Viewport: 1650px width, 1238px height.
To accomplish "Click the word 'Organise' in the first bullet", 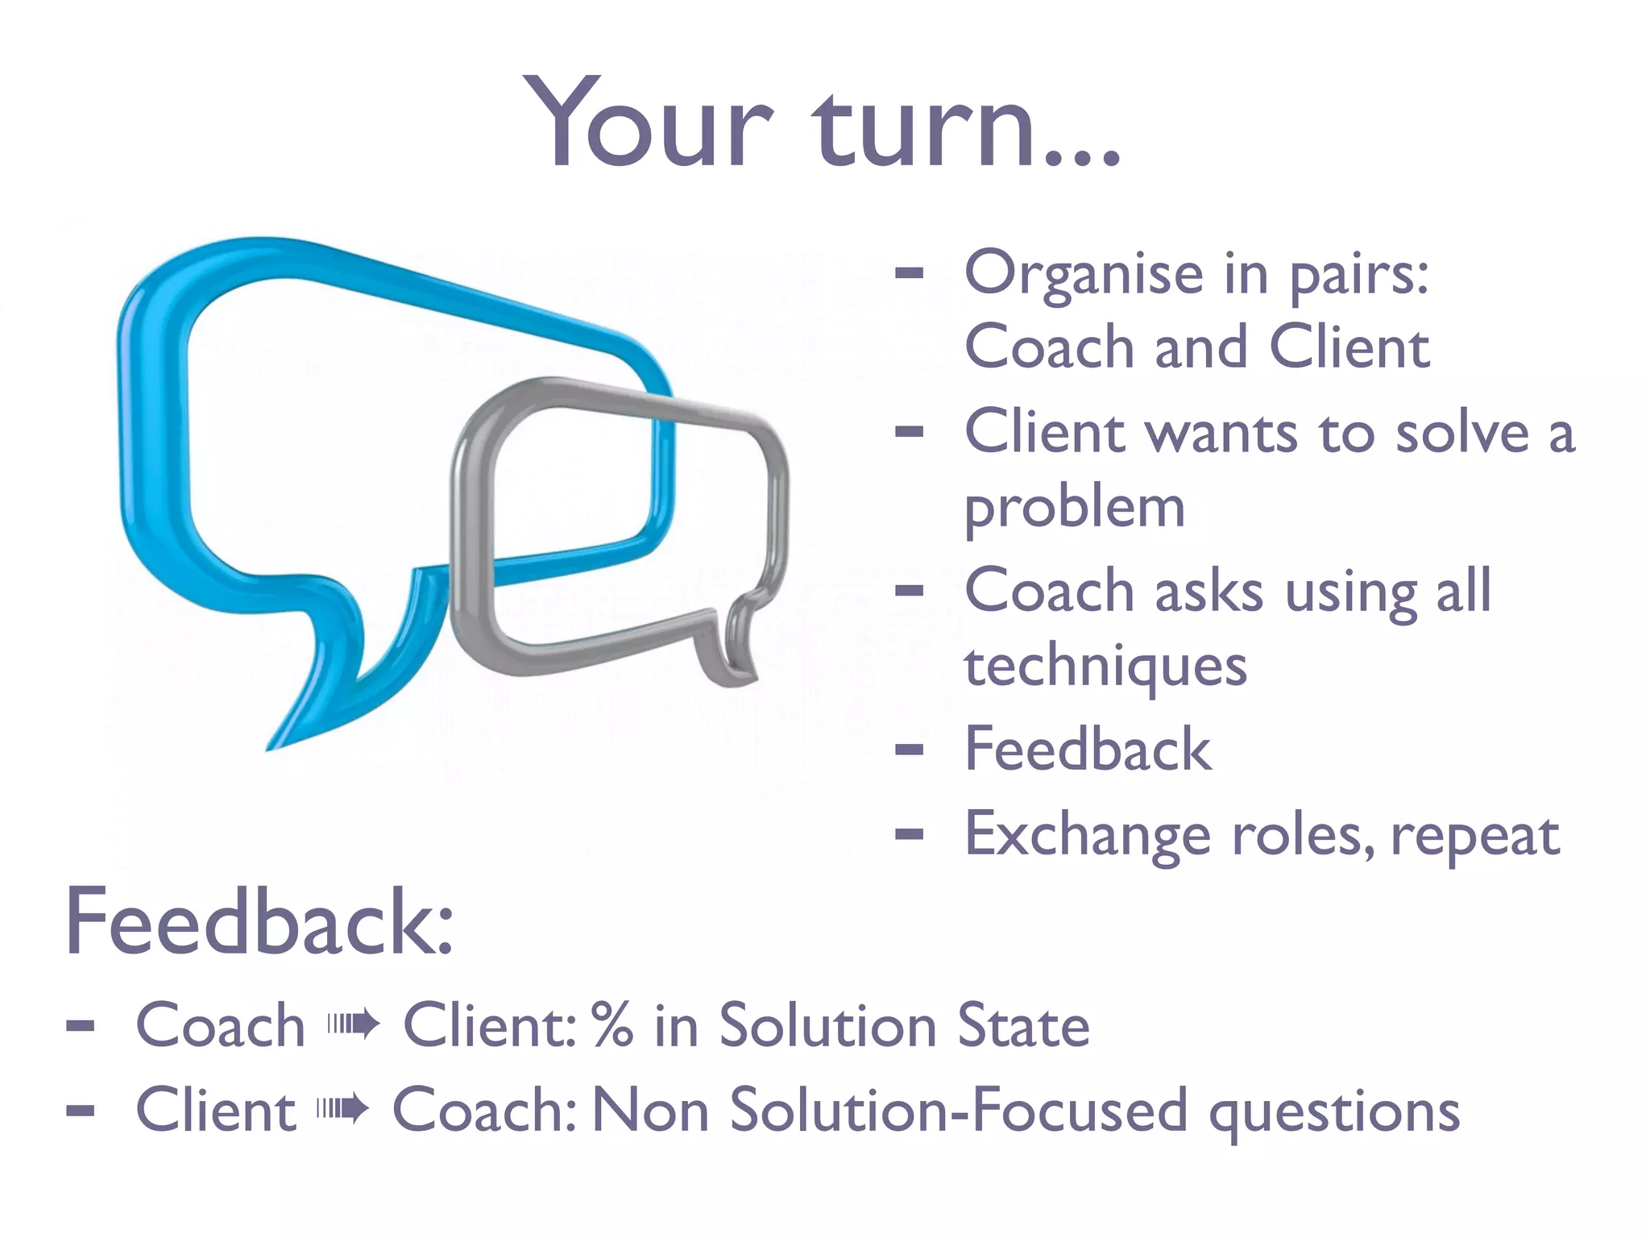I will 1084,274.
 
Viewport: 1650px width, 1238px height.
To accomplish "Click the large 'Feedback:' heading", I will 259,922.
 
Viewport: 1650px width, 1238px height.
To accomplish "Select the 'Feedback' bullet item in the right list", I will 1088,750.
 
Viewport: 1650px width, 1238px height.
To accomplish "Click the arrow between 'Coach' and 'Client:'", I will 353,1025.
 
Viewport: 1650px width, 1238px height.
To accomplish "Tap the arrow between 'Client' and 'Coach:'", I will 342,1110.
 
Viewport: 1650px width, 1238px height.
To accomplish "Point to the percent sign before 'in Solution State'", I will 611,1025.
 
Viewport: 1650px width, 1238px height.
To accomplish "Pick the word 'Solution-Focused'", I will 958,1110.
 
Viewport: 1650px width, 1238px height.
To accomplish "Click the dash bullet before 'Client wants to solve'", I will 909,432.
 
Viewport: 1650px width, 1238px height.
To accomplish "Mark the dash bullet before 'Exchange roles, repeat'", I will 909,835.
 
